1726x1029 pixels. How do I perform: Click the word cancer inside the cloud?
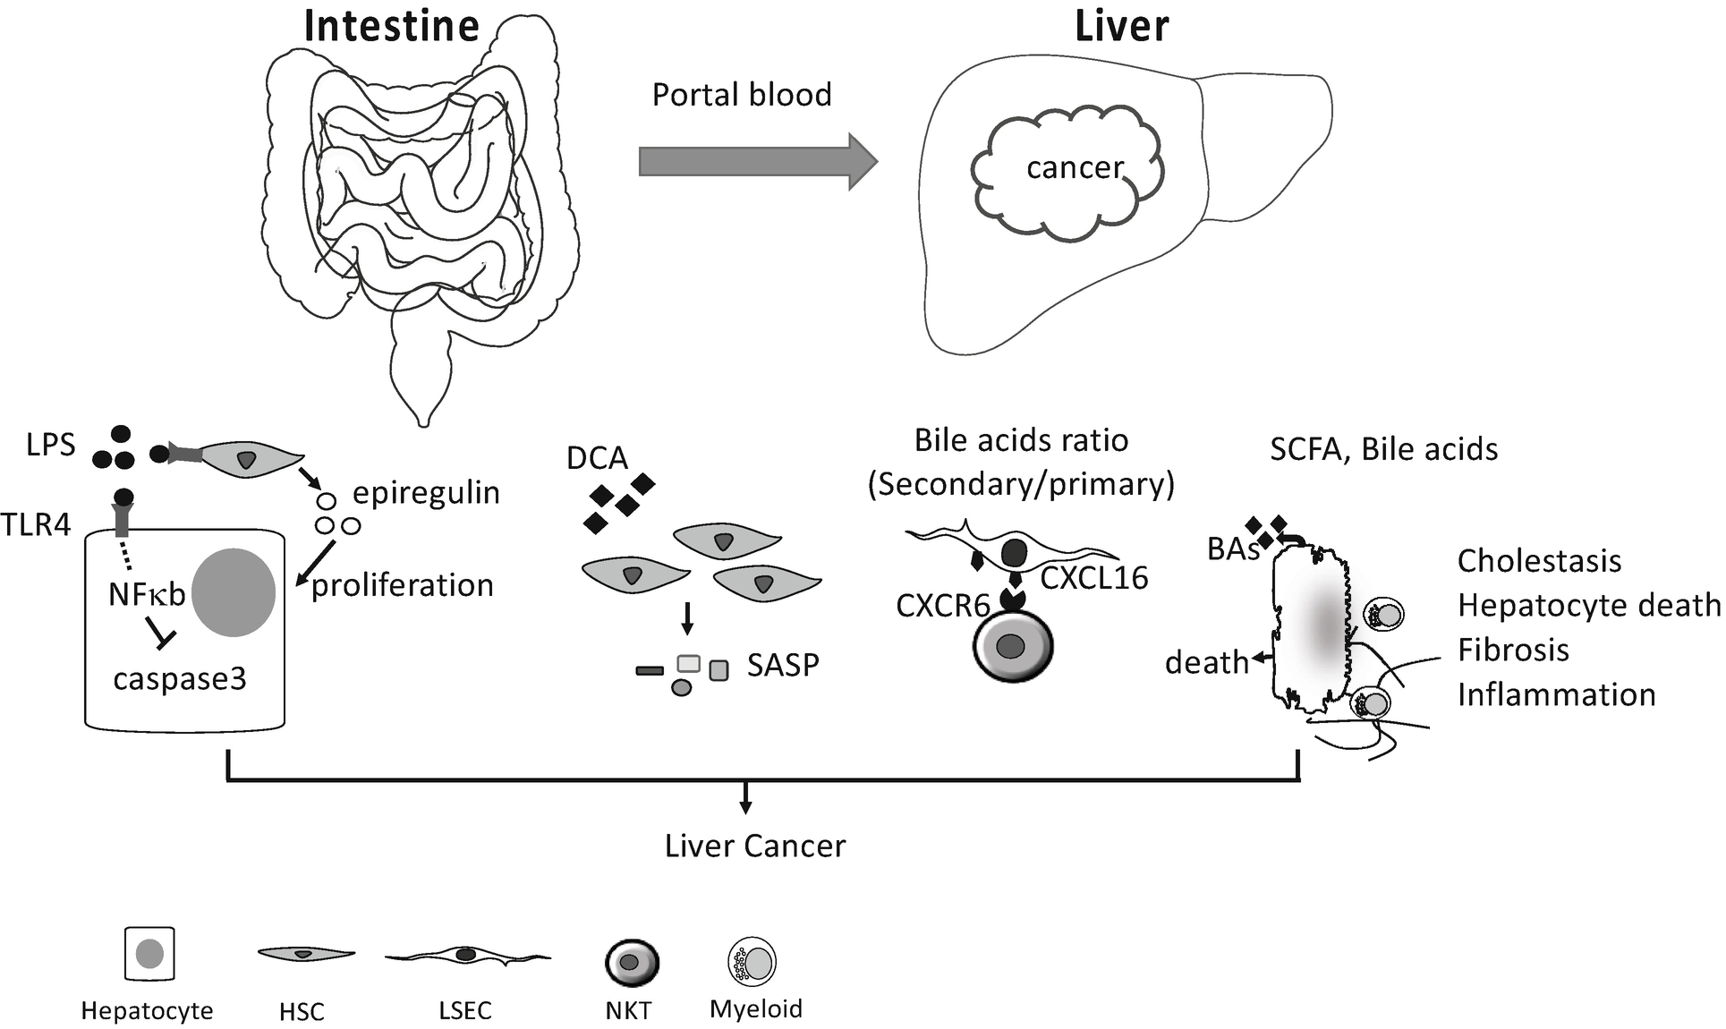[1075, 167]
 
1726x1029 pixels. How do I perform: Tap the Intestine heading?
[391, 25]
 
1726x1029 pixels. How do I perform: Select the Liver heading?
[1121, 25]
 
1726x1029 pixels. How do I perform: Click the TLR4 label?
[36, 524]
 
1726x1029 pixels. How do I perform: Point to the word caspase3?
[180, 678]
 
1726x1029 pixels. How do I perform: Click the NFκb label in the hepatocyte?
[147, 593]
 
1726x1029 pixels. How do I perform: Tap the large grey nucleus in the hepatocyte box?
[234, 593]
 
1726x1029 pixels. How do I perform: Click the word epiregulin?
[426, 492]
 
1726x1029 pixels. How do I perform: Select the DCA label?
[597, 458]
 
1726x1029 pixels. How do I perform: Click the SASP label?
[783, 665]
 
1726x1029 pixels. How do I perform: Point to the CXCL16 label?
[1094, 578]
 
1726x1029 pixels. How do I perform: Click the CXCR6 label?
[943, 606]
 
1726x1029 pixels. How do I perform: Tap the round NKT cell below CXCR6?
[1013, 646]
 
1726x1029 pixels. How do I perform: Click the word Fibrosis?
[1513, 650]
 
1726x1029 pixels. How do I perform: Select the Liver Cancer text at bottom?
[754, 846]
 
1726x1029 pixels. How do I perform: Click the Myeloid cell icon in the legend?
[752, 962]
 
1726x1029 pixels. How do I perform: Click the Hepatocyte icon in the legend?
[149, 954]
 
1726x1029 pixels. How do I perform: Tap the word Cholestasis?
[1539, 561]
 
